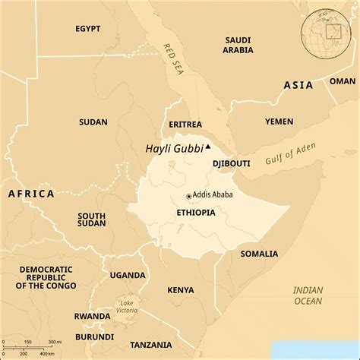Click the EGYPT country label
click(88, 29)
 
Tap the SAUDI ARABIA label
click(238, 45)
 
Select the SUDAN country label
click(93, 122)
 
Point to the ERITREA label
click(186, 124)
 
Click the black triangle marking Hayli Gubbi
click(208, 147)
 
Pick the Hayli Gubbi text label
click(174, 149)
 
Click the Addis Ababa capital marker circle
click(188, 196)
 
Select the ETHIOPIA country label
click(196, 213)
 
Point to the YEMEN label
click(279, 122)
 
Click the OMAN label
click(342, 81)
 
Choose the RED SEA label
click(169, 58)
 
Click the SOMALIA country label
click(259, 254)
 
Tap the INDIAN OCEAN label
click(308, 295)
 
